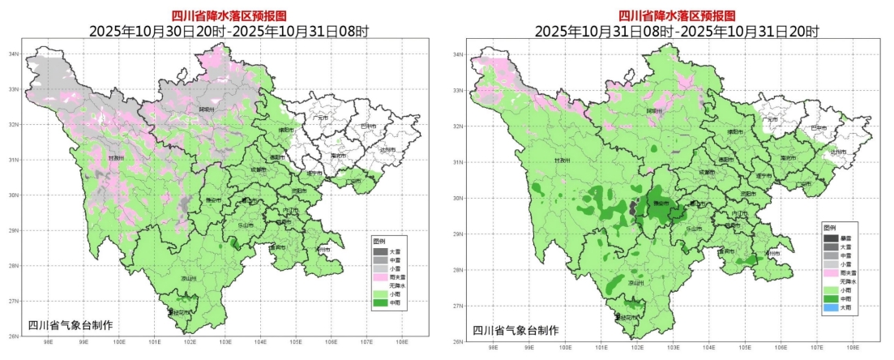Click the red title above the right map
tap(676, 15)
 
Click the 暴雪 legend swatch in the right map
tap(831, 238)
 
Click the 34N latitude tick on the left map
tap(14, 54)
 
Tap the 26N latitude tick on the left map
tap(14, 336)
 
